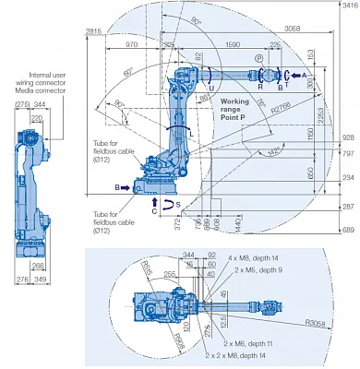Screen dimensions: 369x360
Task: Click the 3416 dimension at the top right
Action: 348,6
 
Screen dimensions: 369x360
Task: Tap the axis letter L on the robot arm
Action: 190,133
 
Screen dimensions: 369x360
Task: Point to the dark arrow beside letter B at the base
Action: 126,187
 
